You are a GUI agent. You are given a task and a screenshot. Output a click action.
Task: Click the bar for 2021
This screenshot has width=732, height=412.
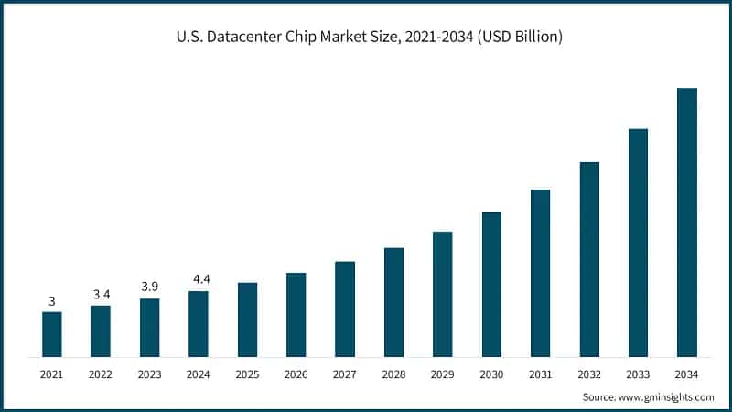pyautogui.click(x=52, y=334)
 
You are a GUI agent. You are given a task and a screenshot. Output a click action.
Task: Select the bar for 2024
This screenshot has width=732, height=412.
pyautogui.click(x=199, y=324)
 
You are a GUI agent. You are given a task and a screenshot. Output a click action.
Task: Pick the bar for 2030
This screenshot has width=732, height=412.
pyautogui.click(x=491, y=285)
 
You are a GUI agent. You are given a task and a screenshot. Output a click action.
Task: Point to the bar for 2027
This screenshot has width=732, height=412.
pyautogui.click(x=345, y=309)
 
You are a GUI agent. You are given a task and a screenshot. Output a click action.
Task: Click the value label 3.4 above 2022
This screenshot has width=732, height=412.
pyautogui.click(x=101, y=294)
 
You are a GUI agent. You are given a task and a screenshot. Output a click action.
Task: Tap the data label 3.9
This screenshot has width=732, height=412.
pyautogui.click(x=149, y=287)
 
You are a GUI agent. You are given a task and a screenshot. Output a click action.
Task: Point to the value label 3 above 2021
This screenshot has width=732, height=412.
pyautogui.click(x=52, y=301)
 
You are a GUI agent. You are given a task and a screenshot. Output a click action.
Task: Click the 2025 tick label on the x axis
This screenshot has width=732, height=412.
pyautogui.click(x=247, y=374)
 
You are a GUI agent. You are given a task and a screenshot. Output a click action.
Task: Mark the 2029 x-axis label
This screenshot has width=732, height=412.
pyautogui.click(x=443, y=374)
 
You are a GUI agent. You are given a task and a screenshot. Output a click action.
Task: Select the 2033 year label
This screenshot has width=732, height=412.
pyautogui.click(x=638, y=374)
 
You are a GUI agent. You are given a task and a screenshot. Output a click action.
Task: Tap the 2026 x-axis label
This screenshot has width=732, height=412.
pyautogui.click(x=296, y=374)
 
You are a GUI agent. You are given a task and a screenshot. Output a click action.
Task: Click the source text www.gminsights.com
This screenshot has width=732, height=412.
pyautogui.click(x=666, y=397)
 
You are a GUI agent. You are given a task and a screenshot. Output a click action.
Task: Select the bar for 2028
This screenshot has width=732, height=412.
pyautogui.click(x=393, y=302)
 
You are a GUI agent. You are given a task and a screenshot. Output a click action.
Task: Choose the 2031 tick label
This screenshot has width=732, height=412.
pyautogui.click(x=540, y=374)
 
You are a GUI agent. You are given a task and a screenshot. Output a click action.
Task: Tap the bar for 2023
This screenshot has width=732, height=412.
pyautogui.click(x=149, y=328)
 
